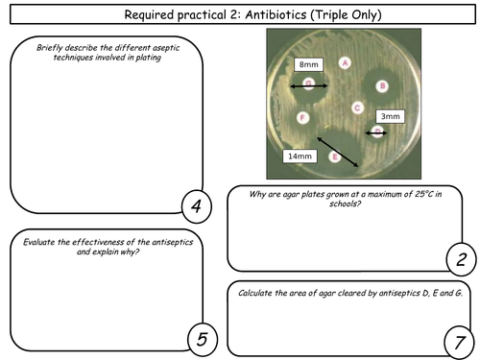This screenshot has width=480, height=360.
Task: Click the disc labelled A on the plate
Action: (x=344, y=62)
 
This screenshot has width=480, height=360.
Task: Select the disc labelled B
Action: (x=382, y=86)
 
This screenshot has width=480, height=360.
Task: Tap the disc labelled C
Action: (x=357, y=108)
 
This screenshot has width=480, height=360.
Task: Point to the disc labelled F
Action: (x=303, y=118)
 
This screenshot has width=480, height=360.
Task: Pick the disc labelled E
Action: (x=334, y=156)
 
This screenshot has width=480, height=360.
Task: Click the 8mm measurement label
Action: (x=307, y=65)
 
